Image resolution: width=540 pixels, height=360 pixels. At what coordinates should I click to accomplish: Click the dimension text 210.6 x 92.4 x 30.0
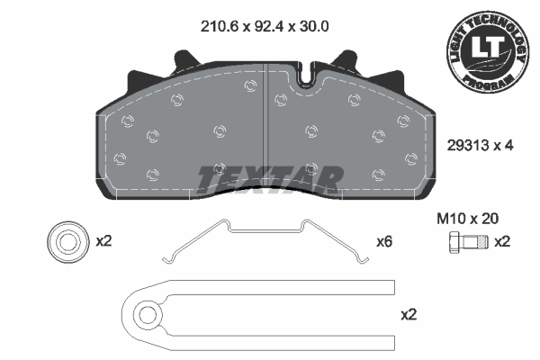coord(265,26)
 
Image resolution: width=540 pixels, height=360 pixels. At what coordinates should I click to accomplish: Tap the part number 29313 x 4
coord(480,146)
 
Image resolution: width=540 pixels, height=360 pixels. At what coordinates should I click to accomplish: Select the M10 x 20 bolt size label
coord(467,219)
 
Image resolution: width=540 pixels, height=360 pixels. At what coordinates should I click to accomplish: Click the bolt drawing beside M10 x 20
coord(468,242)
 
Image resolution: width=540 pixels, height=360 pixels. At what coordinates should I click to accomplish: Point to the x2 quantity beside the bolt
coord(502,242)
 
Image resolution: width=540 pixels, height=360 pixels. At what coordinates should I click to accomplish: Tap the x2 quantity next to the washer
coord(103,241)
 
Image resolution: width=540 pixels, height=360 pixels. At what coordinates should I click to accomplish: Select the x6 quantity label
coord(384,242)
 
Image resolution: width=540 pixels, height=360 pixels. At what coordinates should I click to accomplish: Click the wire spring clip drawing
coord(265,230)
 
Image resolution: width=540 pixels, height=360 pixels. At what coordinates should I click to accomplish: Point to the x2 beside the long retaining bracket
coord(409,314)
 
